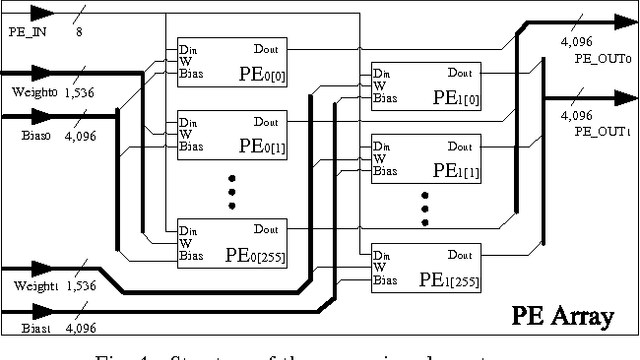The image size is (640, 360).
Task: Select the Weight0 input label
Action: click(31, 92)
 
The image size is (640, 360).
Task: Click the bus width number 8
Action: click(79, 32)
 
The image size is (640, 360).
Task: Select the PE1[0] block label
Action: click(451, 100)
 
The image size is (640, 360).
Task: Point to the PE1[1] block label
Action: click(451, 172)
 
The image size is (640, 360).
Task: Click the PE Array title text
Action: click(562, 317)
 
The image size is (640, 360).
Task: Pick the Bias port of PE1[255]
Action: click(384, 280)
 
